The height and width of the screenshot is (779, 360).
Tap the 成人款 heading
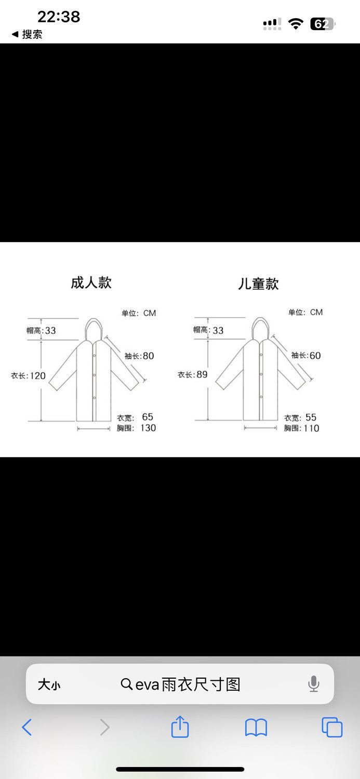click(x=91, y=283)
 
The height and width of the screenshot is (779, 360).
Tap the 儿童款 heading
click(x=258, y=284)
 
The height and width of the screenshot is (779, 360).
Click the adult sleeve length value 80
click(x=148, y=356)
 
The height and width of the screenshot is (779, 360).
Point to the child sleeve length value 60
click(x=315, y=355)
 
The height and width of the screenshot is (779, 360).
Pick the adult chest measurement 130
click(x=148, y=428)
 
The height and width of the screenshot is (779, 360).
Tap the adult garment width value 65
click(x=148, y=417)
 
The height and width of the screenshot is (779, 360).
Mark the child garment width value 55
click(x=311, y=417)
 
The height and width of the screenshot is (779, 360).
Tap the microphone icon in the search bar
click(x=313, y=684)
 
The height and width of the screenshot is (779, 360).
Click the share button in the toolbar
click(x=180, y=727)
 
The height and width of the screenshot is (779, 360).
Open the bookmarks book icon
click(x=256, y=728)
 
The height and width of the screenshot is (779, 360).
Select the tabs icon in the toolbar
click(x=332, y=727)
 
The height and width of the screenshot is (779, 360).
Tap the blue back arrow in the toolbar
click(x=27, y=727)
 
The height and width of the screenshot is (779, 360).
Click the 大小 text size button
click(x=49, y=684)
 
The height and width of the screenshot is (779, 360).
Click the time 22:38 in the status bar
click(x=59, y=17)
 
